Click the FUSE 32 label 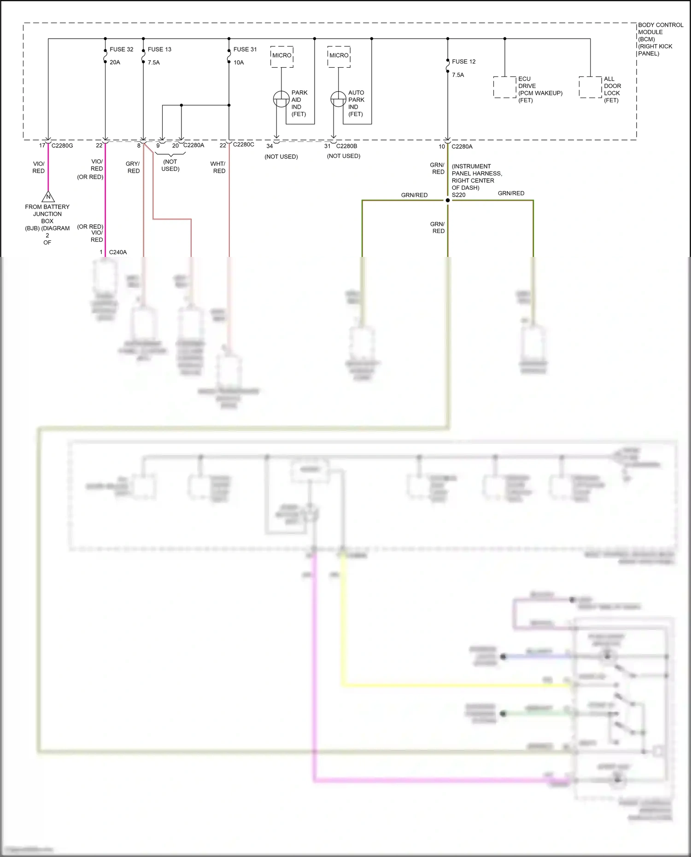(121, 49)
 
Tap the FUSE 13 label (159, 49)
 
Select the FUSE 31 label (245, 49)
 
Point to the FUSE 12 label (463, 62)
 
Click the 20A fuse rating (115, 63)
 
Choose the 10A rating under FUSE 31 (239, 63)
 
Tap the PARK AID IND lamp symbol (281, 99)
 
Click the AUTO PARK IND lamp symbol (338, 99)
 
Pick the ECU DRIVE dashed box (504, 87)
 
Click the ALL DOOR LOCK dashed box (590, 87)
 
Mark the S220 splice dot (447, 200)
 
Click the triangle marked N (48, 197)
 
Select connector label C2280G (62, 146)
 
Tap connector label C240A (118, 252)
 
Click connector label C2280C (243, 145)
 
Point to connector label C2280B (346, 146)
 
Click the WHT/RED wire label (218, 167)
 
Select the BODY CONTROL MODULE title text (660, 29)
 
